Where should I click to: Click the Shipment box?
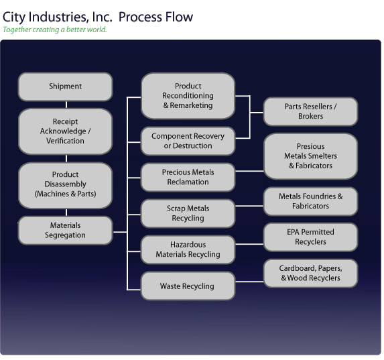click(x=66, y=86)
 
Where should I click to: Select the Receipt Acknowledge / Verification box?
click(x=66, y=131)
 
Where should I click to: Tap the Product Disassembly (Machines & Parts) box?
click(x=66, y=185)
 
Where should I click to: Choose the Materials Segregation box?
click(x=66, y=231)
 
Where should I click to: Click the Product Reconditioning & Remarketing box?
click(x=188, y=96)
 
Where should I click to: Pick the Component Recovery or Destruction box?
click(x=188, y=141)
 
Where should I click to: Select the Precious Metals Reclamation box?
click(x=188, y=177)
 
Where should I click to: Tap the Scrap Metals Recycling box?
click(x=188, y=213)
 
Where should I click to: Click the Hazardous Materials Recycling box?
click(x=188, y=250)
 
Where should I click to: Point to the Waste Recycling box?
click(x=188, y=286)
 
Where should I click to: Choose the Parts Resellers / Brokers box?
click(x=310, y=111)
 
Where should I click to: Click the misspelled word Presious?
click(x=310, y=146)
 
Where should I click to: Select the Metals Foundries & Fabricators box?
click(x=310, y=201)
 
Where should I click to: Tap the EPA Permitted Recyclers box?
click(x=310, y=237)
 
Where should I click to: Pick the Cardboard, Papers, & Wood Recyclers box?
click(x=310, y=274)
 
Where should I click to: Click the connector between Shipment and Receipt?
click(x=66, y=105)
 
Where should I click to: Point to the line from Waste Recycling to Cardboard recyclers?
click(x=249, y=282)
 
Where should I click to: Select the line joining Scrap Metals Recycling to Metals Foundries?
click(x=249, y=206)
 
